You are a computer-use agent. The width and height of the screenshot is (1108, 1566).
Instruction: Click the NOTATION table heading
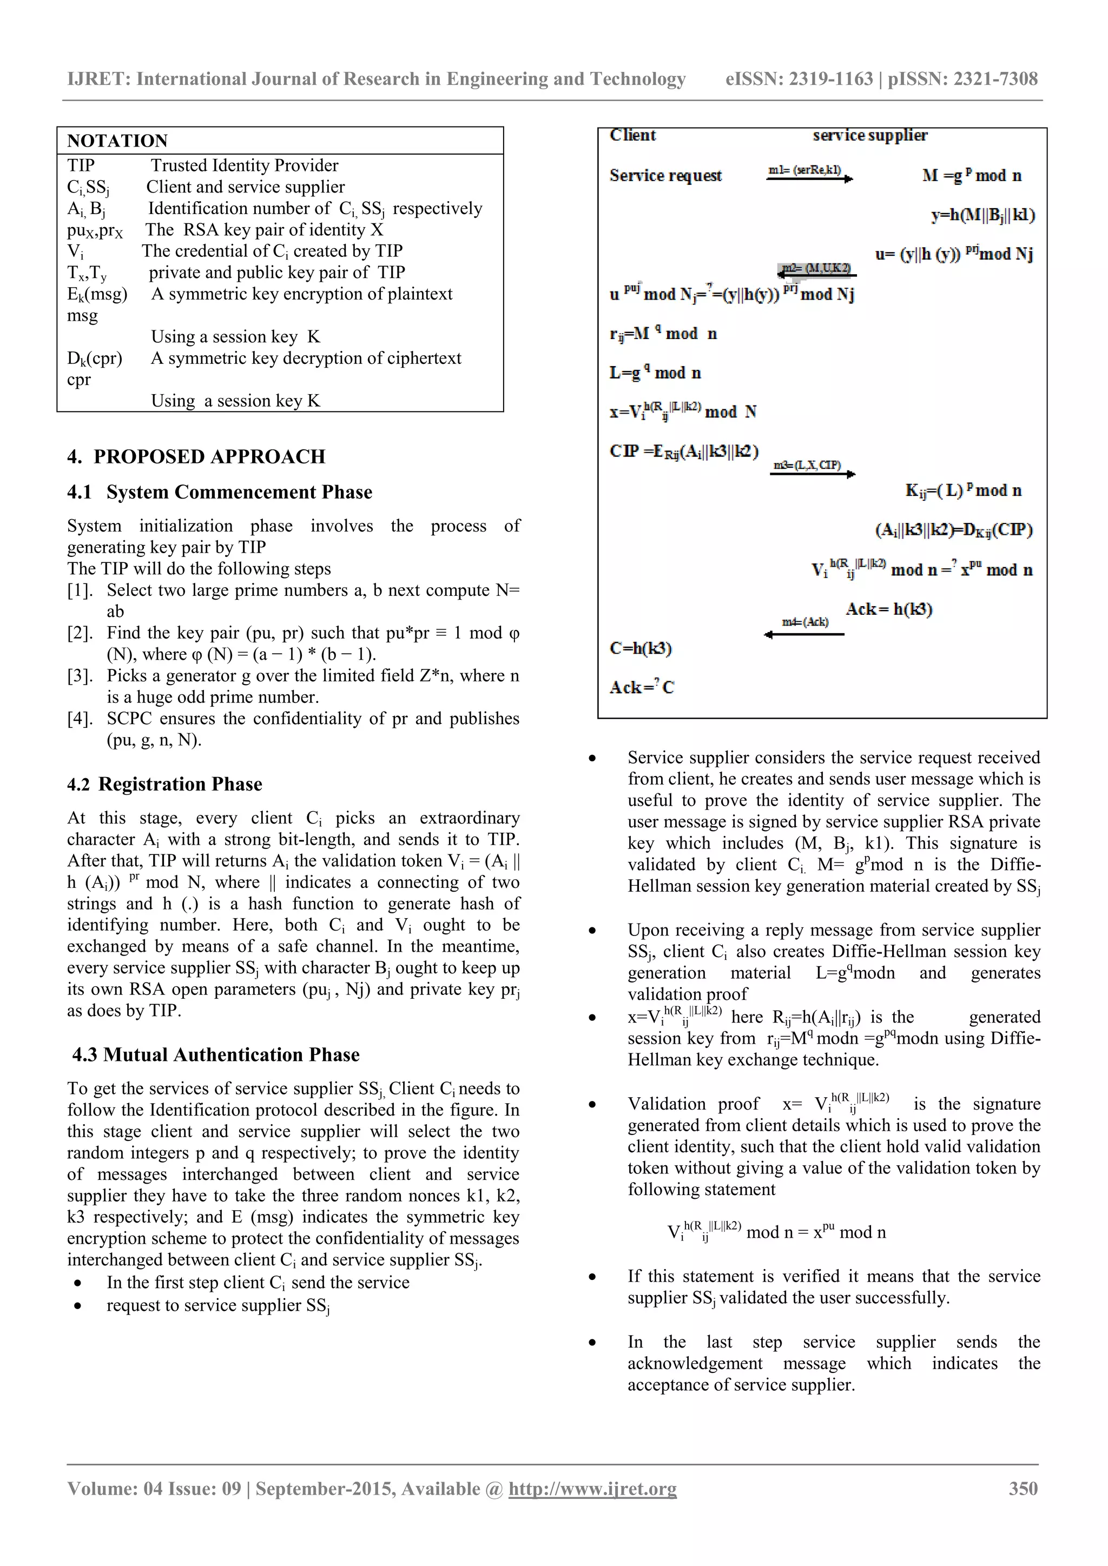click(x=117, y=141)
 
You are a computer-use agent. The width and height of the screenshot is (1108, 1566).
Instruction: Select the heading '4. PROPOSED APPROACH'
click(x=196, y=456)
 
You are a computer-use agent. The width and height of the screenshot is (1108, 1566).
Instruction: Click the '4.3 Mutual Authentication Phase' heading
click(x=216, y=1054)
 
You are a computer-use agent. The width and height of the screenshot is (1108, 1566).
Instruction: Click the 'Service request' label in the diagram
click(x=665, y=176)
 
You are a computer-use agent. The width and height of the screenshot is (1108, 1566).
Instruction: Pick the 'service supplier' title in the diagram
click(x=870, y=136)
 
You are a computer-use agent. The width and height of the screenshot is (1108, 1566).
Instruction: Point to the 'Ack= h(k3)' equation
click(x=888, y=609)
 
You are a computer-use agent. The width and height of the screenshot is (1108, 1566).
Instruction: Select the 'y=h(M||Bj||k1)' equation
click(x=982, y=216)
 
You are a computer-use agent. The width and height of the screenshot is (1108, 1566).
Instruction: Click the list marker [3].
click(x=80, y=676)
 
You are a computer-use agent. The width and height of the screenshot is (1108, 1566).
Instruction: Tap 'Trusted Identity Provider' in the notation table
click(x=244, y=166)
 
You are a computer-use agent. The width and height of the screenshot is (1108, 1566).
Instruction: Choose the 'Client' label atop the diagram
click(x=632, y=136)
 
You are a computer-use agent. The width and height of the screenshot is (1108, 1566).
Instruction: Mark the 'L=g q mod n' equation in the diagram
click(x=655, y=373)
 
